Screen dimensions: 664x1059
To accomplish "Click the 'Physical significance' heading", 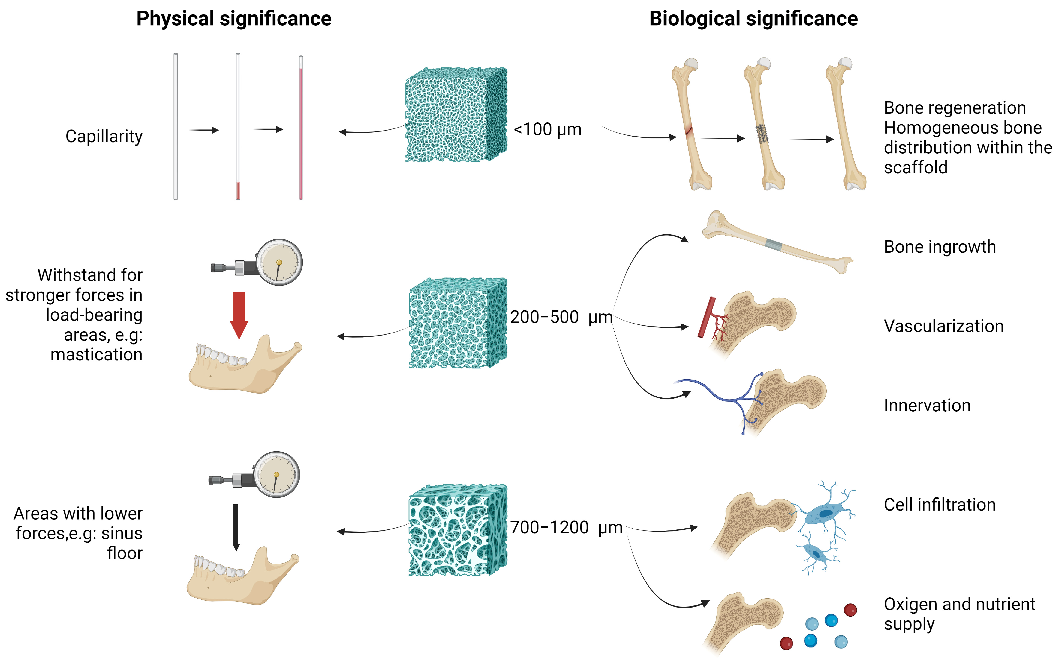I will pyautogui.click(x=234, y=19).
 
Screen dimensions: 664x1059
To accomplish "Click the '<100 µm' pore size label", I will pyautogui.click(x=547, y=129).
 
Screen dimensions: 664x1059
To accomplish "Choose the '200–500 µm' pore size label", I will pyautogui.click(x=561, y=317).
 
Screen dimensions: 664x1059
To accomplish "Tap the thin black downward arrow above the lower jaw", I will pyautogui.click(x=236, y=527).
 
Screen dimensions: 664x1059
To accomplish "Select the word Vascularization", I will pyautogui.click(x=943, y=326).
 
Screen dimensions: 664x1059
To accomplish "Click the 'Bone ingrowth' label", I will pyautogui.click(x=940, y=247).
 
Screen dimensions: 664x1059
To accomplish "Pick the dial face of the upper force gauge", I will pyautogui.click(x=279, y=262).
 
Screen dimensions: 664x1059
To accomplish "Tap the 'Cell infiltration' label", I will pyautogui.click(x=940, y=505).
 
